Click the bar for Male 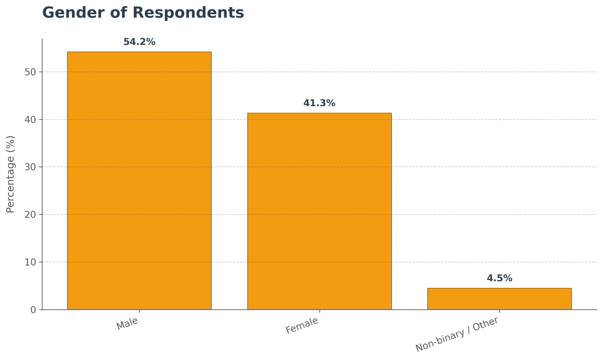(139, 180)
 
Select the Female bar (319, 211)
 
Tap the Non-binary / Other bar (499, 299)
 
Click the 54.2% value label (139, 42)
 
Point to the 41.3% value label (319, 103)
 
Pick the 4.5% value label (499, 278)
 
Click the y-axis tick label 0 (33, 310)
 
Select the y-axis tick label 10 (30, 262)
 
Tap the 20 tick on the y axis (30, 215)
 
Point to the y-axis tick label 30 (30, 167)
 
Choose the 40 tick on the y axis (30, 120)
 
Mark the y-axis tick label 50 (30, 72)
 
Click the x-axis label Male (127, 324)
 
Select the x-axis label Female (302, 325)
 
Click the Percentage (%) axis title (10, 174)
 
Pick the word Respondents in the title (188, 13)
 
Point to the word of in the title (119, 13)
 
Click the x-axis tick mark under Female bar (319, 311)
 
